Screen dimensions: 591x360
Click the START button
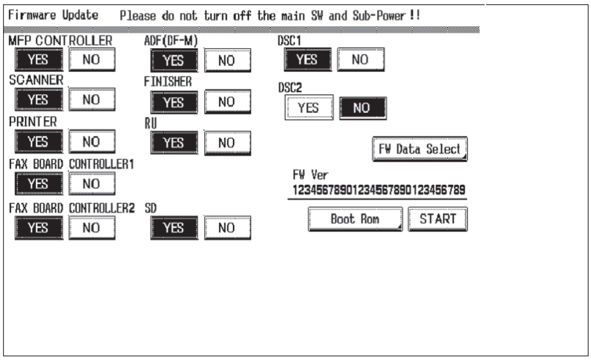pyautogui.click(x=437, y=219)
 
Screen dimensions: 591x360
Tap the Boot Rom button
pyautogui.click(x=355, y=219)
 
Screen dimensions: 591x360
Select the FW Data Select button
pyautogui.click(x=420, y=149)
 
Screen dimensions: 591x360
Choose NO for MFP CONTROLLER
pyautogui.click(x=91, y=60)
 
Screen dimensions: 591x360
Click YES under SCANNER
pyautogui.click(x=39, y=100)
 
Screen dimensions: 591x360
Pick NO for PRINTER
pyautogui.click(x=91, y=142)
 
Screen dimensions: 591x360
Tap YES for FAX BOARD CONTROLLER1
pyautogui.click(x=39, y=184)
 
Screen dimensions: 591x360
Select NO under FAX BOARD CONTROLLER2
pyautogui.click(x=91, y=228)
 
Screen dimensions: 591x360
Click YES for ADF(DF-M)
pyautogui.click(x=174, y=60)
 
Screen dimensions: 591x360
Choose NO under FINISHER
pyautogui.click(x=227, y=102)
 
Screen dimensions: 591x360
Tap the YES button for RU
pyautogui.click(x=174, y=143)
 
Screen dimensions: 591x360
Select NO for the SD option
pyautogui.click(x=227, y=228)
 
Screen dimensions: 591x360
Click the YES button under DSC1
pyautogui.click(x=307, y=60)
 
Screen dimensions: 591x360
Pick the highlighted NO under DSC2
pyautogui.click(x=362, y=108)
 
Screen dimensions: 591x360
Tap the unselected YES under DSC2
pyautogui.click(x=309, y=108)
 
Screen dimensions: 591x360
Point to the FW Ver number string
pyautogui.click(x=379, y=190)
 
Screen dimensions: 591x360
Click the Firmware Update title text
pyautogui.click(x=53, y=15)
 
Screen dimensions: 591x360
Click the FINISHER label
pyautogui.click(x=168, y=81)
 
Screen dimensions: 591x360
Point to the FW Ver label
pyautogui.click(x=310, y=175)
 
